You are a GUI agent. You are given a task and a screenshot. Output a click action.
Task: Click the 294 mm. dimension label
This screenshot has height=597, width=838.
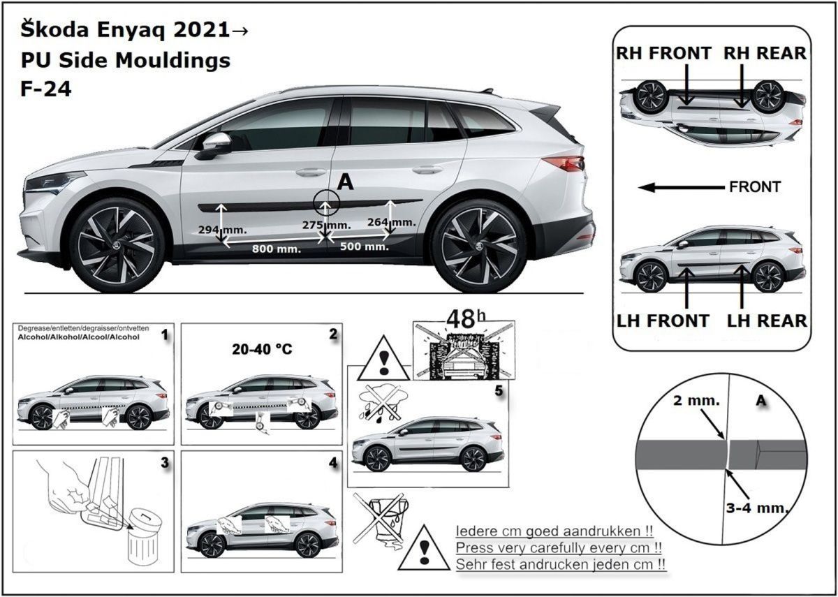tap(222, 229)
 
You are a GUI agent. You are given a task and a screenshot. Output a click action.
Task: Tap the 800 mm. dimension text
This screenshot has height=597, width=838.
tap(277, 249)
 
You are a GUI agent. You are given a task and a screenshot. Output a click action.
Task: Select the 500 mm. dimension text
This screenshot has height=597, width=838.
tap(365, 246)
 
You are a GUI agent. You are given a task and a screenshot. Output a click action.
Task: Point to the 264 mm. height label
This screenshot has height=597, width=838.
tap(391, 222)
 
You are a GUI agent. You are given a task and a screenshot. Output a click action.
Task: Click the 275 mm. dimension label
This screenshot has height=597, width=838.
tap(327, 225)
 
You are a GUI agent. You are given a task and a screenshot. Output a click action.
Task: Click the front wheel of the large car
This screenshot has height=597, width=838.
tap(117, 245)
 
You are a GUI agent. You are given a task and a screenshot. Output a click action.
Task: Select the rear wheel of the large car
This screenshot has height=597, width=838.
tap(480, 246)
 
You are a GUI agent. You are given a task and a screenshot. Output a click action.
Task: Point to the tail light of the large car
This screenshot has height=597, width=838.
tap(563, 163)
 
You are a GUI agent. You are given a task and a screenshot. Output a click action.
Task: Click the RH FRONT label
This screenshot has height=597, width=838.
tap(663, 53)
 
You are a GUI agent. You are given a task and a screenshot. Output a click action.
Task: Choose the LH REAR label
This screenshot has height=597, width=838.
tap(767, 321)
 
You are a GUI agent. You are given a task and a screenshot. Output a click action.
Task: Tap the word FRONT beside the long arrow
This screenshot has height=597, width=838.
tap(755, 186)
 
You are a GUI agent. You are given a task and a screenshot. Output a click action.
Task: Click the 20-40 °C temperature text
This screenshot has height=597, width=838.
tap(262, 349)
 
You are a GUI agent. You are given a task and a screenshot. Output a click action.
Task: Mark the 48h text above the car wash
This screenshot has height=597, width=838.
tap(466, 319)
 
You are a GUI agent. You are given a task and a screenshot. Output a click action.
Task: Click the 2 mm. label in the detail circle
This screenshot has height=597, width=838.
tap(696, 401)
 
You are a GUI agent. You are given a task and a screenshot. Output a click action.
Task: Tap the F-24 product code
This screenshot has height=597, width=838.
tap(45, 89)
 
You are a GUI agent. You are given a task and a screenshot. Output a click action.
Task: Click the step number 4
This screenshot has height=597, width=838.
tap(333, 463)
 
